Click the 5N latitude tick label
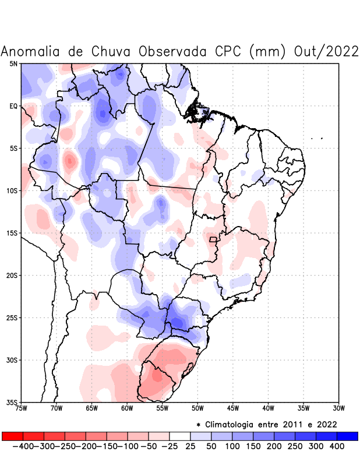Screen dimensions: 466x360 pyautogui.click(x=13, y=63)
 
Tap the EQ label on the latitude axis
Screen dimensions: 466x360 pyautogui.click(x=13, y=106)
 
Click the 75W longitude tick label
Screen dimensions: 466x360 pyautogui.click(x=22, y=408)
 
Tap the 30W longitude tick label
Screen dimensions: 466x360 pyautogui.click(x=338, y=408)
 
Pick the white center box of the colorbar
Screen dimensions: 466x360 pyautogui.click(x=180, y=436)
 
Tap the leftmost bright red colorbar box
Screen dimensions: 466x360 pyautogui.click(x=12, y=436)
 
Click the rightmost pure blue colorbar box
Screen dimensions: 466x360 pyautogui.click(x=348, y=436)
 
